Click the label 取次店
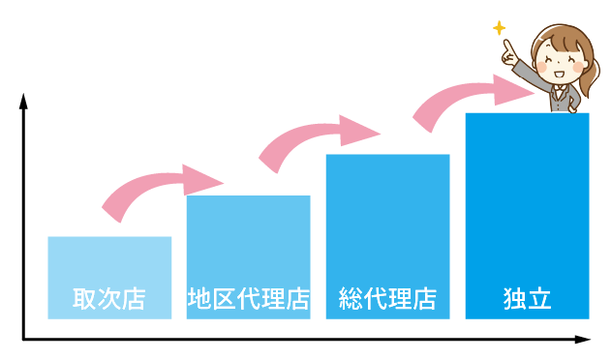(109, 299)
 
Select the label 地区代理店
(248, 299)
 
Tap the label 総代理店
(387, 299)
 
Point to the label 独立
(527, 299)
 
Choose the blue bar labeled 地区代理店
(248, 242)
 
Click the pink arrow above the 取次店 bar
(155, 187)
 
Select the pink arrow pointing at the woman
(465, 97)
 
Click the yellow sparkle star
(499, 28)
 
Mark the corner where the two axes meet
(22, 340)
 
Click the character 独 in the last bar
(514, 299)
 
